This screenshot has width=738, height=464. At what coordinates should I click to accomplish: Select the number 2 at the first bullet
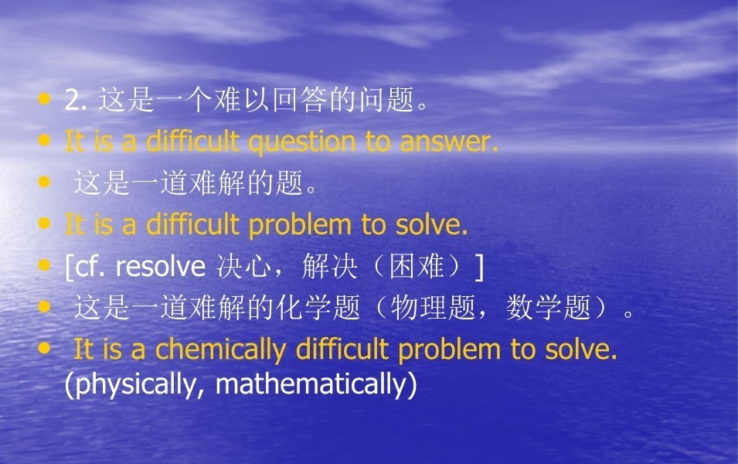coord(73,101)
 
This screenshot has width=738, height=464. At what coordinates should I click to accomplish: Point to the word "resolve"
coord(161,267)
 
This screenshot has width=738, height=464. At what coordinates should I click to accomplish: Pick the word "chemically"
coord(220,350)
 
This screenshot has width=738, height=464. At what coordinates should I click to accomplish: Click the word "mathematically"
coord(310,384)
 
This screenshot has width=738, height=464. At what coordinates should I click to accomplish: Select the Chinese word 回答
coord(301,101)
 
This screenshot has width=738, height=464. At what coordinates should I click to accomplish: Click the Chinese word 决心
coord(243,267)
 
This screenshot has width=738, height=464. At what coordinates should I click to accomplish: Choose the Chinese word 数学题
coord(549,308)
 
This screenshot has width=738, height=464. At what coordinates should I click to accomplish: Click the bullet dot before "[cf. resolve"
coord(44,264)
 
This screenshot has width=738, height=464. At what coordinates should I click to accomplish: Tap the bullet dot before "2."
coord(44,98)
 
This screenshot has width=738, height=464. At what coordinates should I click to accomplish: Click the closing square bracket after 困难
coord(479,267)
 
